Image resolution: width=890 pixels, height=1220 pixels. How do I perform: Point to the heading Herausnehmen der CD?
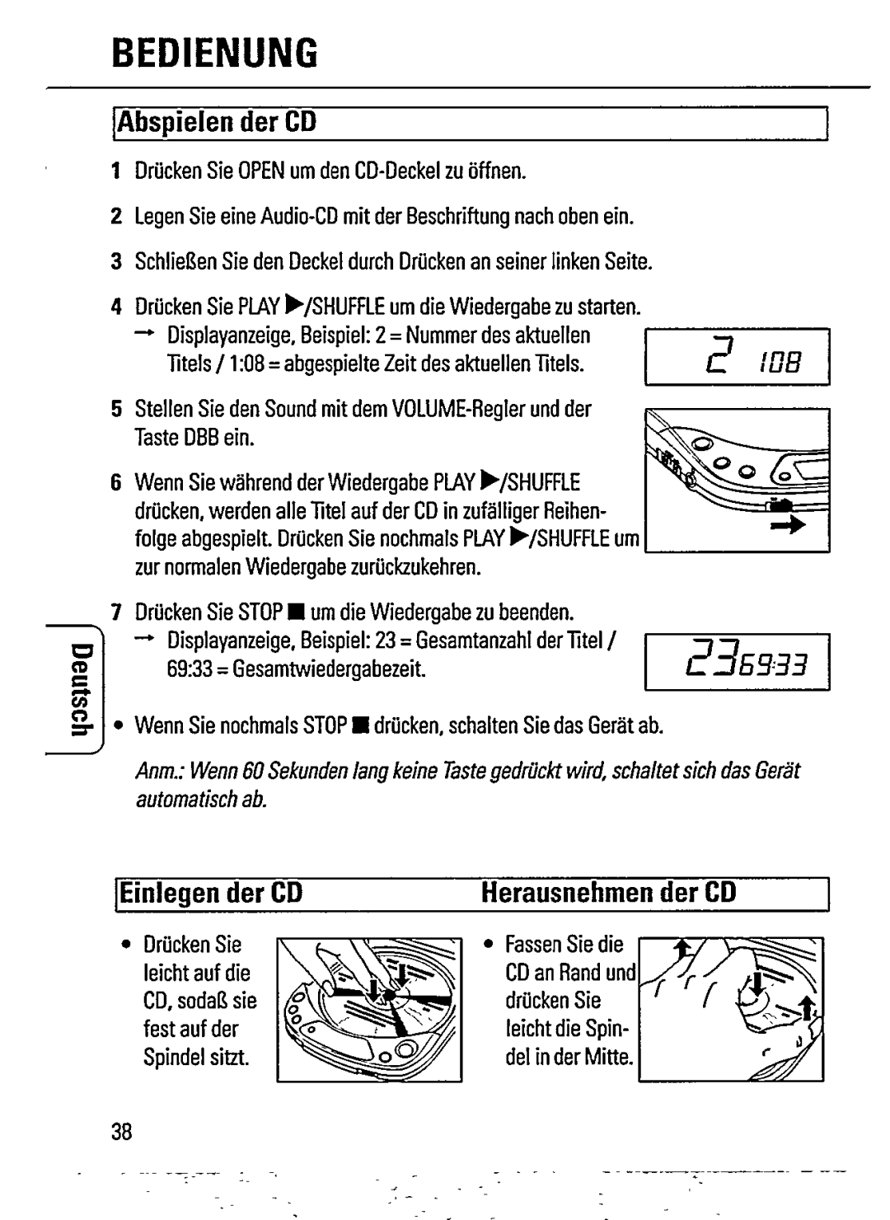608,894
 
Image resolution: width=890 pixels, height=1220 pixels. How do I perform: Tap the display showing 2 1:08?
737,356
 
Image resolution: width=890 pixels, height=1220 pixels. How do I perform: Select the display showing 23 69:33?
737,660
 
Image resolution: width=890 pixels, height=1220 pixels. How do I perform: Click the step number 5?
116,410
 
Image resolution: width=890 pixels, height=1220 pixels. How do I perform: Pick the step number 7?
116,612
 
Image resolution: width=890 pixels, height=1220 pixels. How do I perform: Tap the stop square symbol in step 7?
293,613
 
